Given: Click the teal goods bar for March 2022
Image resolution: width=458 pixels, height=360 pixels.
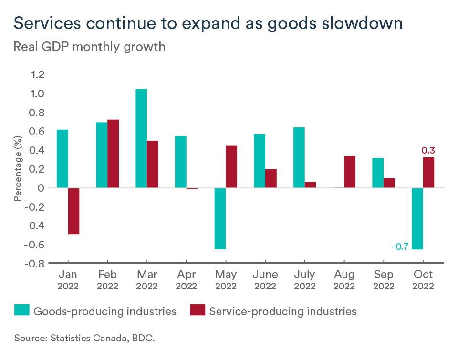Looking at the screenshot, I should coord(141,138).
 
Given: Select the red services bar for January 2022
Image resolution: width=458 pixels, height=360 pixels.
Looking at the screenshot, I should coord(73,211).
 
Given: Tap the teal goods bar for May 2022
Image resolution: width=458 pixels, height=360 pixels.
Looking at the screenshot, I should coord(220,218).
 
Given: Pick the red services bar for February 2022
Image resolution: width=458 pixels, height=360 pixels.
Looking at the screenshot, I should coord(113,154).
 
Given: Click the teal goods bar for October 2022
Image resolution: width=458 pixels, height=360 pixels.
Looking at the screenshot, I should coord(417,218).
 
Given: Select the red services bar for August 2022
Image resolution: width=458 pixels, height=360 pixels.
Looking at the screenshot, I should coord(350,172).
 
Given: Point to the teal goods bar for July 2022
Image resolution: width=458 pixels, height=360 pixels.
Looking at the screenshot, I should coord(299,157).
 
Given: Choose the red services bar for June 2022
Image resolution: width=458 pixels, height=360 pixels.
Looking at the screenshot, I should coord(271,178).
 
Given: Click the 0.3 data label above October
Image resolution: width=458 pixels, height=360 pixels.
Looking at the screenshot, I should coord(427,151).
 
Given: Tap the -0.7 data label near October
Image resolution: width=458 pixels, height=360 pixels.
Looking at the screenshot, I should coord(399,247).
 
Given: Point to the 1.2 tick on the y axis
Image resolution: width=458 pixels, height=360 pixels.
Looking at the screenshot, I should coord(37,74).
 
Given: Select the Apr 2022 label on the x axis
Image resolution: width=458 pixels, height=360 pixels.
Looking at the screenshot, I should coord(186,280).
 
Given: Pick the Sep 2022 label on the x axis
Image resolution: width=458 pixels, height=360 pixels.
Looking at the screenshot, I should coord(384,280).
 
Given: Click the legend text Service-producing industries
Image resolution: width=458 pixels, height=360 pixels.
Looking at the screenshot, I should coord(282,311).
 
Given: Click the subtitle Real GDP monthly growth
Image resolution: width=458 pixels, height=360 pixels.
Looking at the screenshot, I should coord(89,47).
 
